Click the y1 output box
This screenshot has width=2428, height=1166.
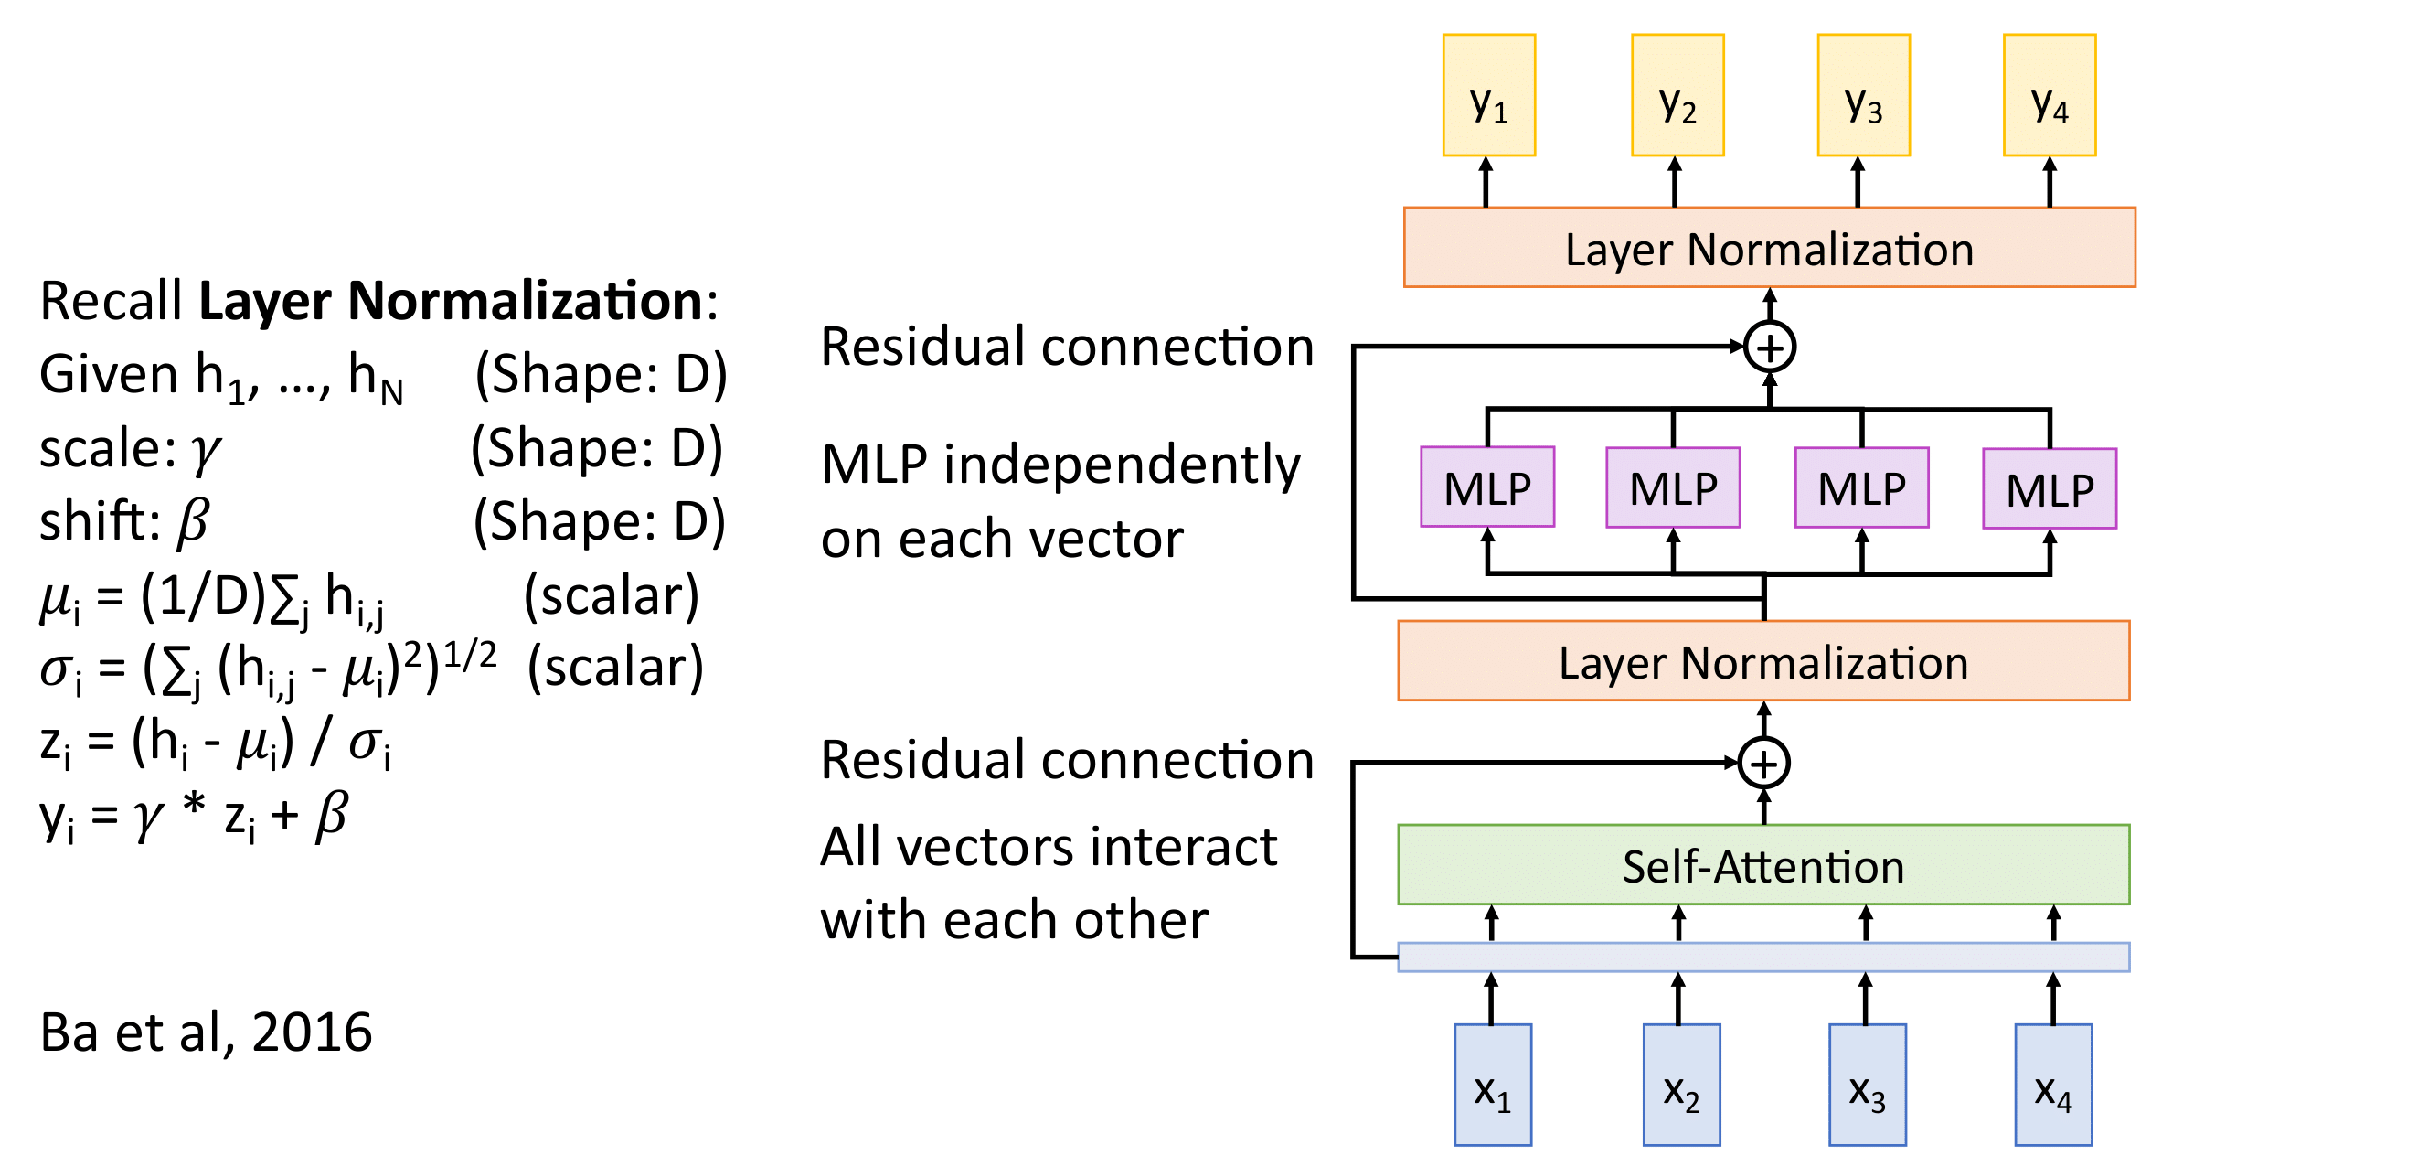click(x=1488, y=95)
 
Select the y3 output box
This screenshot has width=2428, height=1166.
click(x=1862, y=95)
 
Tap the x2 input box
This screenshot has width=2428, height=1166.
click(x=1680, y=1084)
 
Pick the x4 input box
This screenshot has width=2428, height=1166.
click(x=2053, y=1084)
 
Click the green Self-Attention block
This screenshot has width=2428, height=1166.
click(x=1762, y=864)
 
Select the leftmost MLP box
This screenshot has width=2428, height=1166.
click(x=1486, y=487)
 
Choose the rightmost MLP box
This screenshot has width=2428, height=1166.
click(x=2050, y=488)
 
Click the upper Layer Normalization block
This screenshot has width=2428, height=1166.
click(x=1768, y=247)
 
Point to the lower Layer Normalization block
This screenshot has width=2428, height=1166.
click(x=1762, y=661)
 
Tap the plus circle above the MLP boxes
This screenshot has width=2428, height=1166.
click(x=1769, y=347)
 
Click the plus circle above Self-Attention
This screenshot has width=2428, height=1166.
click(x=1763, y=763)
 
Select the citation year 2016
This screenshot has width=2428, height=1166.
click(x=312, y=1032)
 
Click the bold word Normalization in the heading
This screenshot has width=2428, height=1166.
click(x=525, y=302)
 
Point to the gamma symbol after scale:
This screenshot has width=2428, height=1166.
click(x=206, y=451)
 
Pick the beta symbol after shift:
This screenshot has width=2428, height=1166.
click(x=193, y=521)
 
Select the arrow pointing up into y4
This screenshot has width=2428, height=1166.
click(x=2050, y=181)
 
